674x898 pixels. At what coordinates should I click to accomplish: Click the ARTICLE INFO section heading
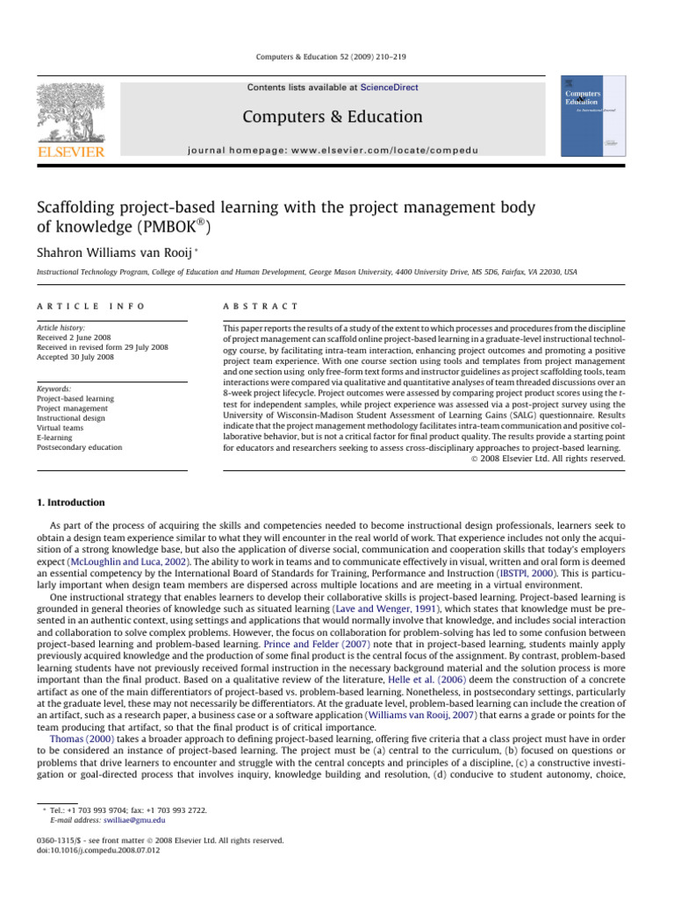tap(90, 305)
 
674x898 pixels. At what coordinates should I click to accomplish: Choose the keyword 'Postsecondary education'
tap(79, 447)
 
